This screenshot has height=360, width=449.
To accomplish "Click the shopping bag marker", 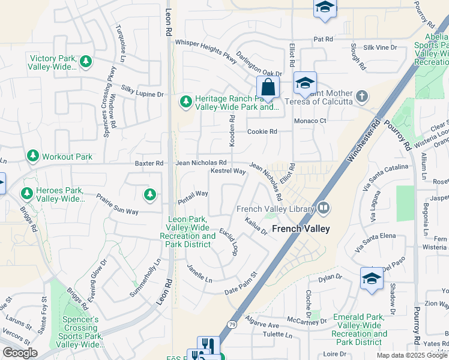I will coord(268,88).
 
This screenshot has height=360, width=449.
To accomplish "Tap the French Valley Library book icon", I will coord(324,208).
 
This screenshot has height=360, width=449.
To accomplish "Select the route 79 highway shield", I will coord(232,325).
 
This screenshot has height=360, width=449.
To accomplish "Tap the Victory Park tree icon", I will coord(86,61).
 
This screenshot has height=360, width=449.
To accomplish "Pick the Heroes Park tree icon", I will coord(26,194).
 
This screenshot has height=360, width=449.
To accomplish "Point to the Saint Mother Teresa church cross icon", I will coord(361,96).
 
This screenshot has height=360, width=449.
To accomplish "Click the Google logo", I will coord(20,353).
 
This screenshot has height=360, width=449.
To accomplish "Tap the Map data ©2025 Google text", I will coord(411,355).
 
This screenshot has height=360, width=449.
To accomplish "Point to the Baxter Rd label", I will coord(149,163).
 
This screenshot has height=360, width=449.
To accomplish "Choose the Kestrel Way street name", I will coord(228,172).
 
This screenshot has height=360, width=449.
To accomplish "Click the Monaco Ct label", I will coord(309,121).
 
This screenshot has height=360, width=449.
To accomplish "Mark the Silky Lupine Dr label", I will coord(142,94).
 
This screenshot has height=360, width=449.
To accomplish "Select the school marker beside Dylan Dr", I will coord(372,278).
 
